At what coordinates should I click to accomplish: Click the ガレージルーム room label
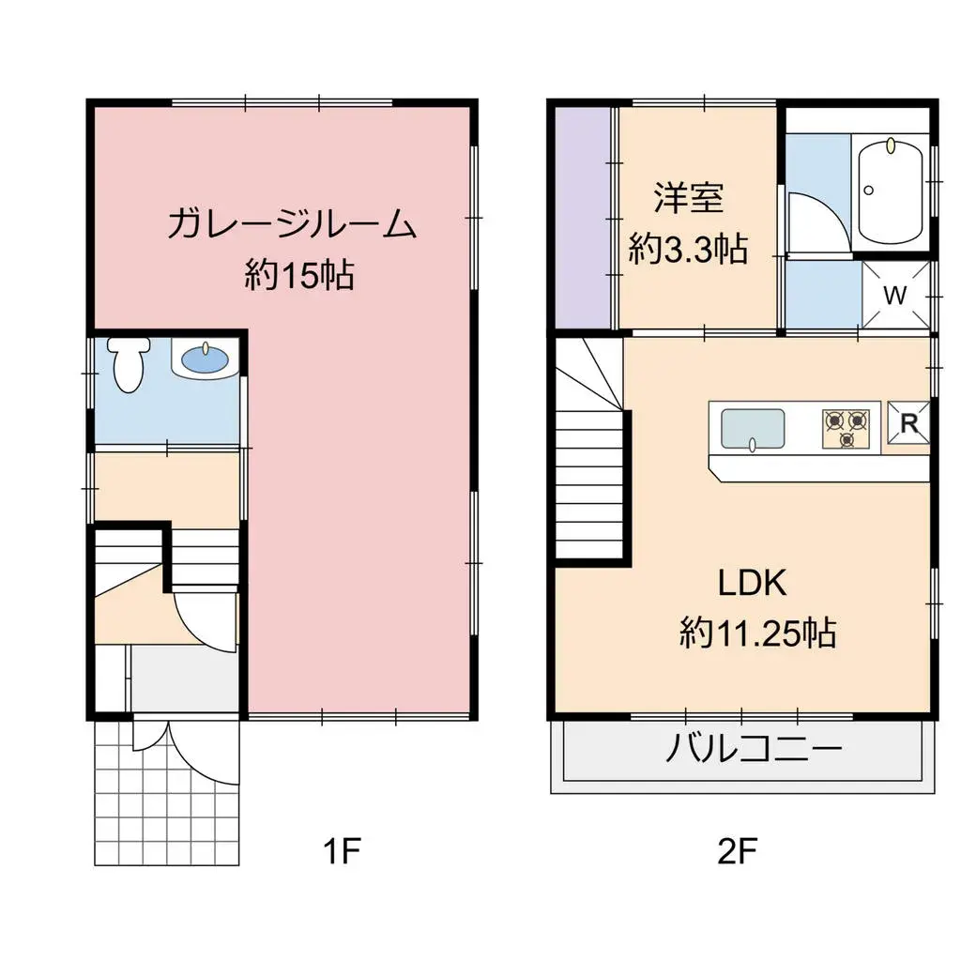[291, 225]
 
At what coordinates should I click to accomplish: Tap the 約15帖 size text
[299, 275]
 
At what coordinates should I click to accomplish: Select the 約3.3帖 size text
[688, 249]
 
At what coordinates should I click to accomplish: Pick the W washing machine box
[896, 295]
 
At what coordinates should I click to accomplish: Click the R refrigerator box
[908, 424]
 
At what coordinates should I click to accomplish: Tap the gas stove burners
[847, 429]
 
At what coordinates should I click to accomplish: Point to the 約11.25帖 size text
[757, 634]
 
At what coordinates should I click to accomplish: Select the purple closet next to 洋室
[582, 218]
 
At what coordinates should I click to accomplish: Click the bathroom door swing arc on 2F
[813, 221]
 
